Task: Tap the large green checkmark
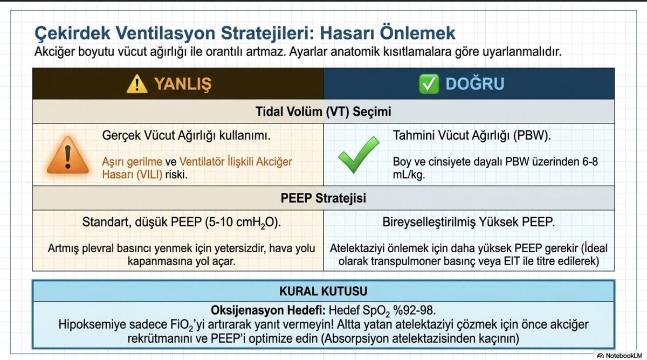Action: [x=358, y=154]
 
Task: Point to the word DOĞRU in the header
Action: [x=475, y=84]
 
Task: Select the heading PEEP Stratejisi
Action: [x=323, y=198]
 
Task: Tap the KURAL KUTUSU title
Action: [x=323, y=292]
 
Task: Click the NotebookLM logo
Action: [x=620, y=356]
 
